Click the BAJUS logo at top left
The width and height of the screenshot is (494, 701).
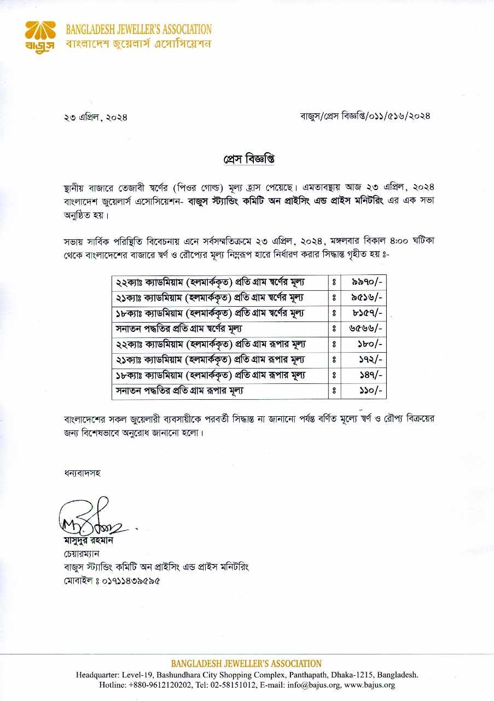40,36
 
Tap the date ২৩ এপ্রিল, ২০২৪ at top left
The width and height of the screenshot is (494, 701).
96,116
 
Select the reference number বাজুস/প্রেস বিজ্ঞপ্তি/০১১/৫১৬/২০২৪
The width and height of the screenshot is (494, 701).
365,116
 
